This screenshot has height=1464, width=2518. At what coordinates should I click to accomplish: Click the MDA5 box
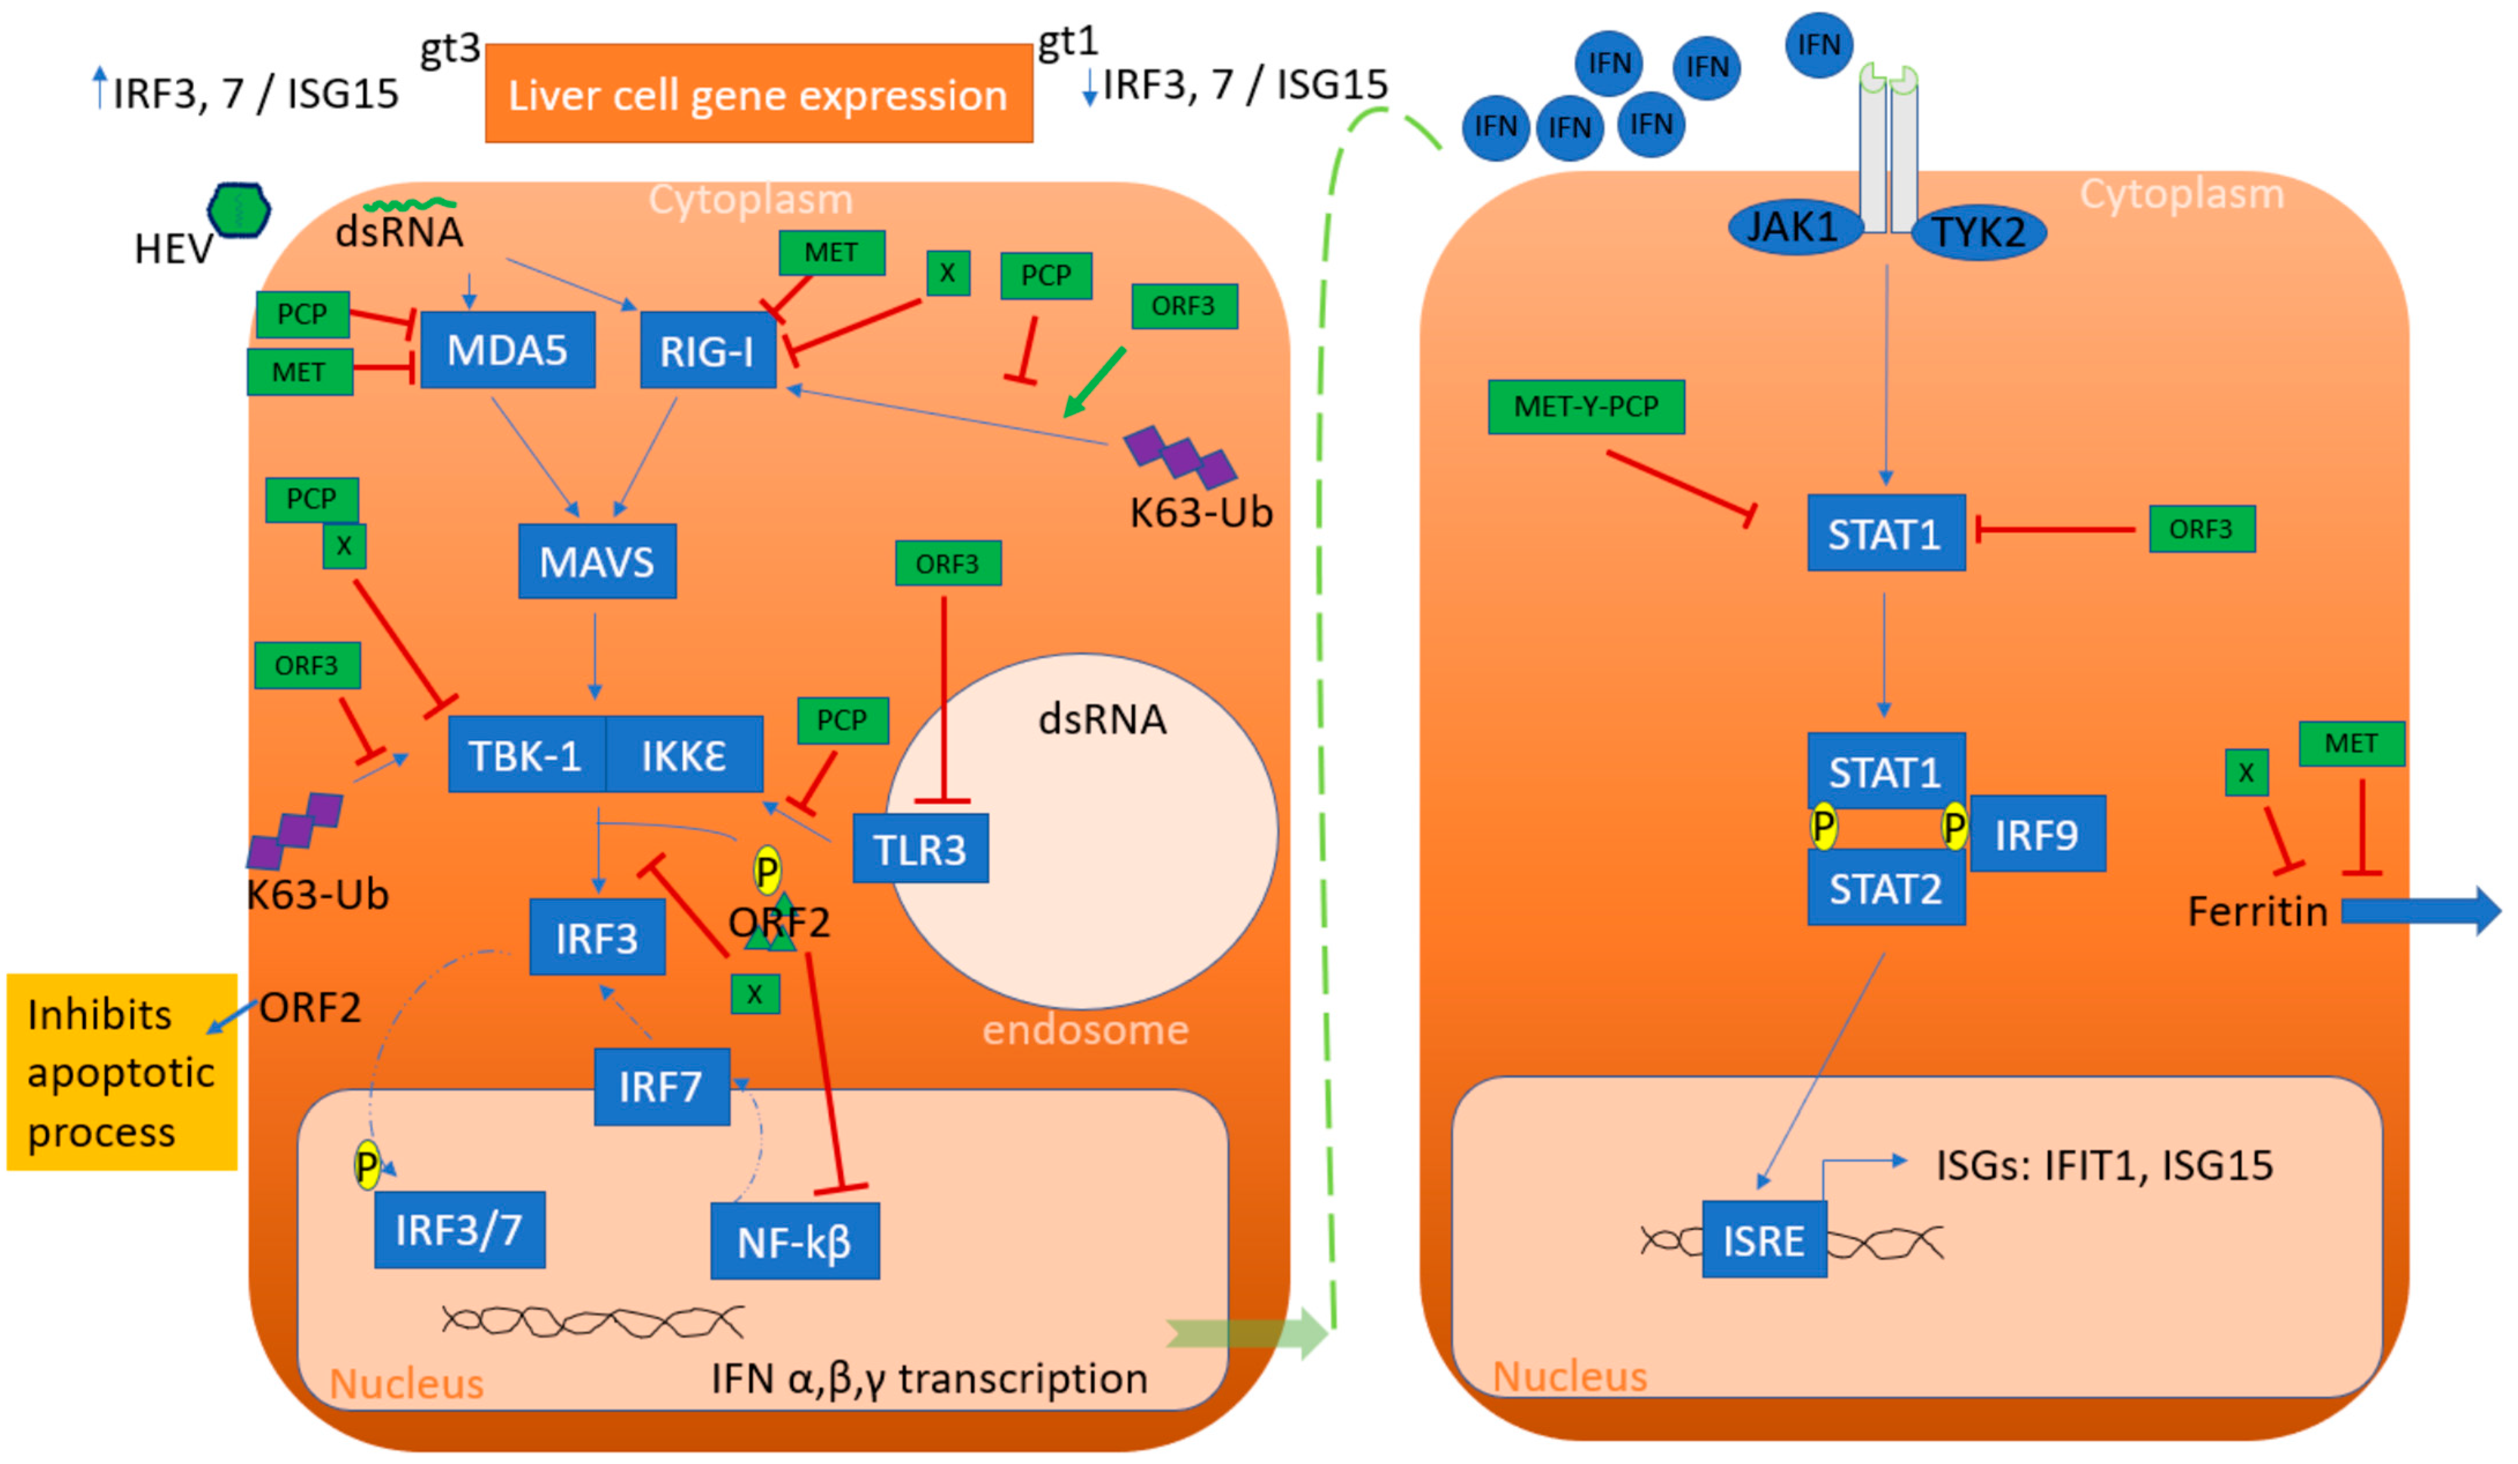tap(508, 350)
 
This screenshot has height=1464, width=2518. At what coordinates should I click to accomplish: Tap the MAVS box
tap(597, 562)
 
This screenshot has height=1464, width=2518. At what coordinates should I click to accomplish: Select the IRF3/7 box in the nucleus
tap(460, 1230)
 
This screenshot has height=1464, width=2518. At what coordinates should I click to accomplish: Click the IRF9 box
tap(2036, 834)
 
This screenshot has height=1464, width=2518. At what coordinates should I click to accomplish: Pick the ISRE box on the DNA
tap(1764, 1240)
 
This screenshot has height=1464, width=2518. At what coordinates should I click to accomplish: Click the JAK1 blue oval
tap(1794, 228)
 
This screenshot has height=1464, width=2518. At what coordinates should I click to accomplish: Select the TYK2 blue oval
tap(1978, 232)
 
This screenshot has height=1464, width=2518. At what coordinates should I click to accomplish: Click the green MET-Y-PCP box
tap(1586, 407)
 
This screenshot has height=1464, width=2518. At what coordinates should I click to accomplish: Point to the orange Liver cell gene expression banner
tap(758, 94)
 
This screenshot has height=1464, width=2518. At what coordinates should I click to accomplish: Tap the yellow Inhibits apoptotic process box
tap(121, 1072)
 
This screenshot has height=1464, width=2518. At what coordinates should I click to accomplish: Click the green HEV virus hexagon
tap(239, 210)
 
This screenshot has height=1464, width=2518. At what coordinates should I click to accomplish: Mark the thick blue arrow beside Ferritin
tap(2418, 911)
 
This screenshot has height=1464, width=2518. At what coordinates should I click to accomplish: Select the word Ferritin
tap(2257, 911)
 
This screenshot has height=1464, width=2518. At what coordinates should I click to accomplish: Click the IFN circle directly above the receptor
tap(1818, 45)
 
